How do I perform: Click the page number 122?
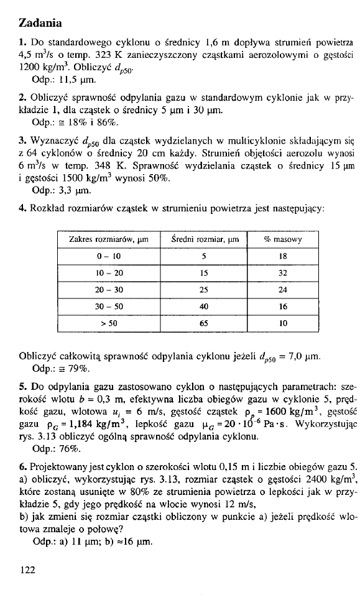(x=27, y=568)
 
